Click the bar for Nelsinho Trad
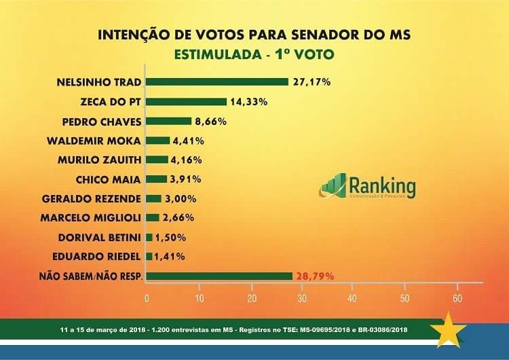[x=217, y=82]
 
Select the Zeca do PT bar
[x=186, y=102]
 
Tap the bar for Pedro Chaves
[x=169, y=121]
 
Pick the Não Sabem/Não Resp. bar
[x=219, y=276]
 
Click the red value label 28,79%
[x=314, y=276]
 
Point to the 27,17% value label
[x=312, y=82]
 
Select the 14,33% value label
[x=248, y=102]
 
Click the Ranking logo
[x=367, y=186]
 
